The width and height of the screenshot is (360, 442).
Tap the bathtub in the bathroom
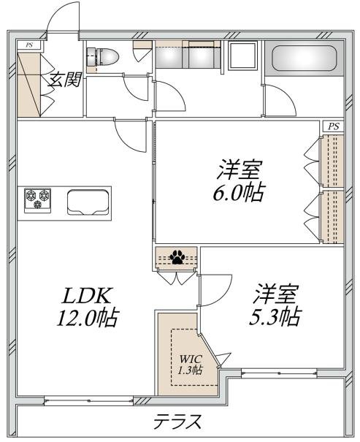click(305, 58)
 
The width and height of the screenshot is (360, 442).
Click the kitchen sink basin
click(88, 202)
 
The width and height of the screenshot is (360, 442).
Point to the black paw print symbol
click(177, 257)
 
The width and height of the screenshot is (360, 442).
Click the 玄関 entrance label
click(64, 80)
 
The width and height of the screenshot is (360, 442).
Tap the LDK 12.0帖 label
click(88, 307)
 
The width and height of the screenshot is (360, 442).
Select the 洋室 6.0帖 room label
click(239, 180)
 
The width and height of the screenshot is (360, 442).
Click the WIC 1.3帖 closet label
click(191, 365)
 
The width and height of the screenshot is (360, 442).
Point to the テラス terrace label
click(178, 421)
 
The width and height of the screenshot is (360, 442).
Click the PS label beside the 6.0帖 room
click(333, 126)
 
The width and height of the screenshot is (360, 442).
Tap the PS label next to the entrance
click(29, 45)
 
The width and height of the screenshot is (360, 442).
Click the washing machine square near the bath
click(243, 55)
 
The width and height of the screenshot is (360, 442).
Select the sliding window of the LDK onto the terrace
click(89, 400)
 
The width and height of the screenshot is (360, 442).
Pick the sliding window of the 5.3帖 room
click(279, 373)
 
